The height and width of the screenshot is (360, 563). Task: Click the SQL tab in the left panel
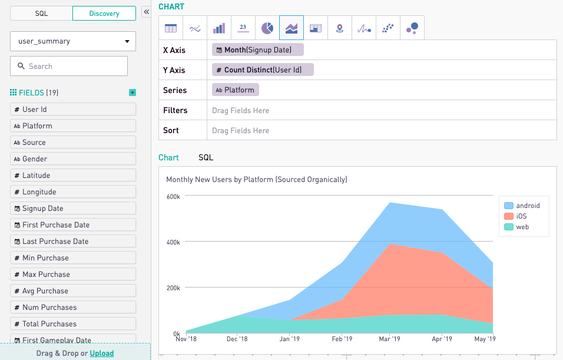pos(41,13)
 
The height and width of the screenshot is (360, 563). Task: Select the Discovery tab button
pos(104,13)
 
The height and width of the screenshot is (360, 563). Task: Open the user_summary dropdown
pos(73,41)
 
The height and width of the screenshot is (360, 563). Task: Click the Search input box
pos(69,66)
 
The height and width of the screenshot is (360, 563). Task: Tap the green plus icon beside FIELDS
pos(133,93)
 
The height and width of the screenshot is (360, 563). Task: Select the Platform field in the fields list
pos(73,125)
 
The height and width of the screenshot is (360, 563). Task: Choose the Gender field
pos(73,158)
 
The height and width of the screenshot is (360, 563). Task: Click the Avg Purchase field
pos(73,290)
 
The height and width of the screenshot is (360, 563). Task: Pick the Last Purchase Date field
pos(73,241)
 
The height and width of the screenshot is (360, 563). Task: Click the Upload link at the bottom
pos(102,354)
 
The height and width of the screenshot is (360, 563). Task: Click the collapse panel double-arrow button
pos(146,12)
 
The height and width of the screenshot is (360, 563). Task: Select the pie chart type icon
pos(267,28)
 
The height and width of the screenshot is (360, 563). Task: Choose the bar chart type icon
pos(219,28)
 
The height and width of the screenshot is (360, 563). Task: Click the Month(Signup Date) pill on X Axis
pos(258,50)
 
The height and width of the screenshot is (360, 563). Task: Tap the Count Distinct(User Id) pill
pos(263,70)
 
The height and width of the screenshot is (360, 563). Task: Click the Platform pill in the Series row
pos(235,90)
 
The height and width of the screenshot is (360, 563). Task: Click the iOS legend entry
pos(521,216)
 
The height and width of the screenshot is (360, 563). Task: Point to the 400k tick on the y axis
pos(173,242)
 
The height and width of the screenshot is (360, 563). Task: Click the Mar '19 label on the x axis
pos(389,339)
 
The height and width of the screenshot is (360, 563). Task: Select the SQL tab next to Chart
pos(206,157)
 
